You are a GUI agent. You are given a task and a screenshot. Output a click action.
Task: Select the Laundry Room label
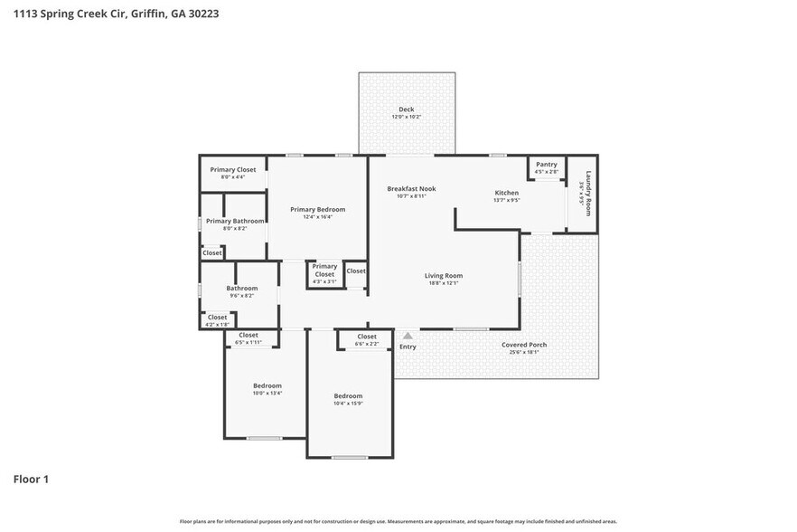coord(586,193)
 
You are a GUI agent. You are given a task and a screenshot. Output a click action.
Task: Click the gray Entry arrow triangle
coord(408,336)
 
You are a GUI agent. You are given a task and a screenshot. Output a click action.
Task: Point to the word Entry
coord(408,347)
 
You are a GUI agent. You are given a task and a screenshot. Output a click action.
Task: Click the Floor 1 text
coord(31,479)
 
